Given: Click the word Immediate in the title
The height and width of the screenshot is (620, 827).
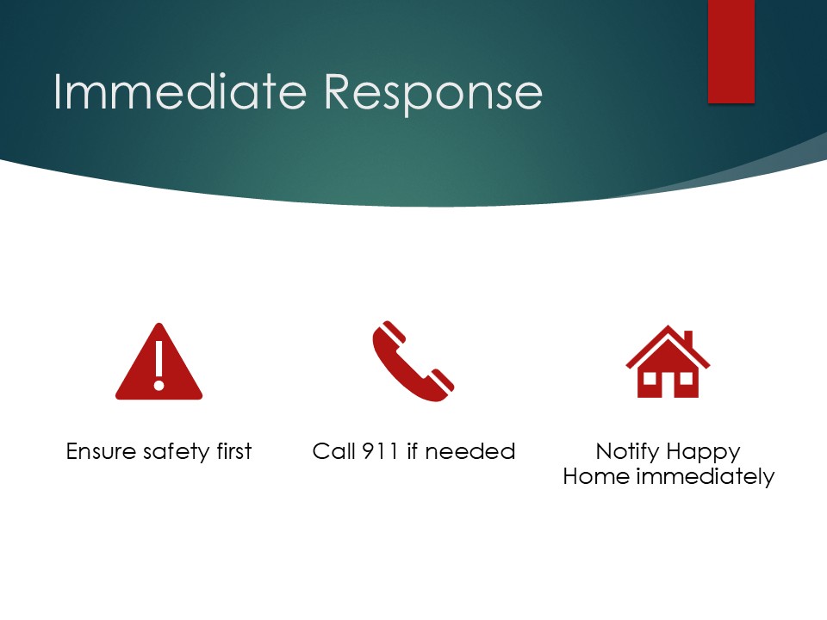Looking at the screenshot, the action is click(180, 92).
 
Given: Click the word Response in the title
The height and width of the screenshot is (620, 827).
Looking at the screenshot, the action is click(433, 95).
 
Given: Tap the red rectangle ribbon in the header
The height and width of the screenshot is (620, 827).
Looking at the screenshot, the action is click(731, 51).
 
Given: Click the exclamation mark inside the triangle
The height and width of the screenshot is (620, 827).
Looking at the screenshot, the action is click(159, 365).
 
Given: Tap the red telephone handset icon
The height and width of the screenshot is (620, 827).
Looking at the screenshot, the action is click(413, 361).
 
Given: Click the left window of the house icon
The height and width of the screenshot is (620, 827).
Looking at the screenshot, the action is click(650, 379).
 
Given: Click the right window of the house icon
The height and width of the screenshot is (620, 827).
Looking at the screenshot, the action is click(686, 379).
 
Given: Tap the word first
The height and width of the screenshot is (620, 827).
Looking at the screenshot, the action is click(234, 451).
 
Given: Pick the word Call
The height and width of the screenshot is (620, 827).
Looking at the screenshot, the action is click(333, 451).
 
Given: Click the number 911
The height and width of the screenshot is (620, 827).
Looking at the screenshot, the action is click(380, 452).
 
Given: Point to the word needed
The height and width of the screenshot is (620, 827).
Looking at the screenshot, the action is click(470, 452).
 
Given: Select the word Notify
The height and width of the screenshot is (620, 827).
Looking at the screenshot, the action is click(628, 453).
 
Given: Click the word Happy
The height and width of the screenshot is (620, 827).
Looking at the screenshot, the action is click(704, 454).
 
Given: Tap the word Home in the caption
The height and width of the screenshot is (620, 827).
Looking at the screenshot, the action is click(596, 476).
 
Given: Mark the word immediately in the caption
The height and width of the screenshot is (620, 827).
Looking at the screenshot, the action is click(706, 478).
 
